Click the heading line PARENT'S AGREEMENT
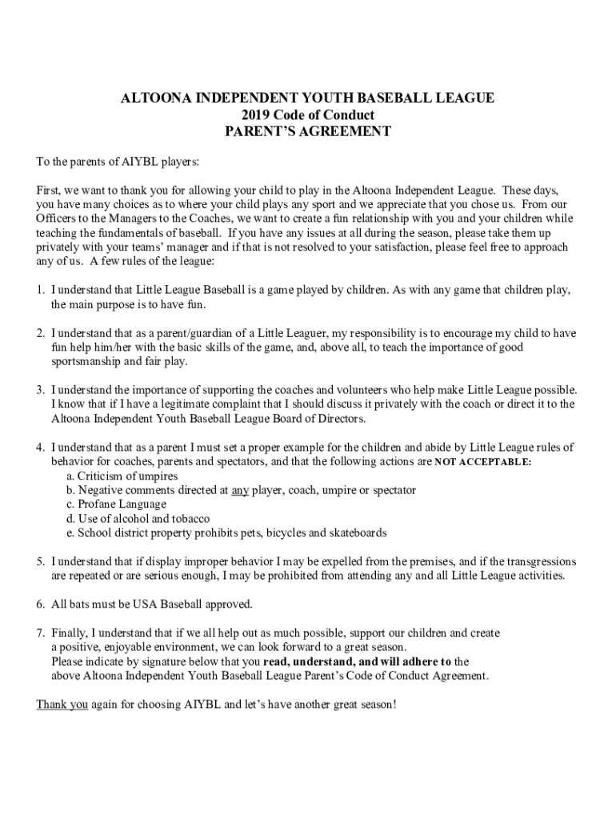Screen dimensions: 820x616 [307, 131]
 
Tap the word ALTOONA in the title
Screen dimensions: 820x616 [153, 98]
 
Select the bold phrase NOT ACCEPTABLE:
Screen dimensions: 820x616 [483, 463]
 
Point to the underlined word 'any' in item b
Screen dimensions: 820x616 [240, 489]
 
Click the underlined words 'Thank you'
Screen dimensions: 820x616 [62, 705]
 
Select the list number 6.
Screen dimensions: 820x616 [39, 603]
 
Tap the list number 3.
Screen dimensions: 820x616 [39, 390]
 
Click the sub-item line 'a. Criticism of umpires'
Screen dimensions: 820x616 [122, 476]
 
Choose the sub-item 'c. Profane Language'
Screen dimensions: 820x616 [117, 504]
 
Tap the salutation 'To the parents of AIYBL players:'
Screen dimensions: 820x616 [118, 162]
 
